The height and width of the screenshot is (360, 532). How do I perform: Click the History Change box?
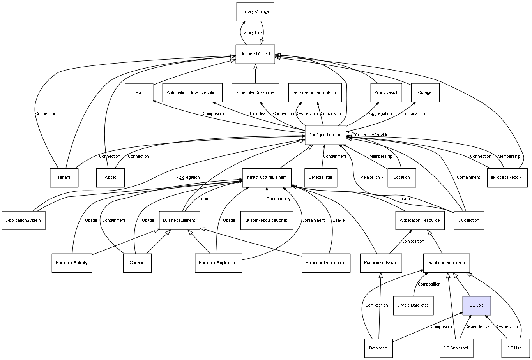(x=255, y=12)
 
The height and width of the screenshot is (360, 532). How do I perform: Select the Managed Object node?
(x=255, y=54)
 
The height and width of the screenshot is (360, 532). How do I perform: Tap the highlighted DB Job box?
(x=477, y=305)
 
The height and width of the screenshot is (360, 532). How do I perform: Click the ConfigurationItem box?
(x=325, y=135)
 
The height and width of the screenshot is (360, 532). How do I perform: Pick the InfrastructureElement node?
(x=267, y=178)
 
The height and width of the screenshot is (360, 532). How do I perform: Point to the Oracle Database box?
(x=413, y=305)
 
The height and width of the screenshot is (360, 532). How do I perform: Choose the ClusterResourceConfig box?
(x=267, y=221)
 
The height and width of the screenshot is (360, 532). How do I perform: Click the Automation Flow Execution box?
(x=193, y=93)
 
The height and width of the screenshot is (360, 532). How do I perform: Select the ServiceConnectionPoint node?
(x=315, y=93)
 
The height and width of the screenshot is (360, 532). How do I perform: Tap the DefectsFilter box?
(x=321, y=178)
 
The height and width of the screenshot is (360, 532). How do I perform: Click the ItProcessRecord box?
(x=507, y=178)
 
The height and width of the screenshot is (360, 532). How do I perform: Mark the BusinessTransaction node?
(x=326, y=263)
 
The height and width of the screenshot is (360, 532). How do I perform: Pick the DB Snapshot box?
(x=456, y=348)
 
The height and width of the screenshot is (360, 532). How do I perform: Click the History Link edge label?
(x=251, y=33)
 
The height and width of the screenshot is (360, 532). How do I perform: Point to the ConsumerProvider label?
(x=373, y=135)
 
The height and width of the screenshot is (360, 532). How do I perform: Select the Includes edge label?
(x=258, y=113)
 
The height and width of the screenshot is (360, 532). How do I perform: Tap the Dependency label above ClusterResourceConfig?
(x=278, y=199)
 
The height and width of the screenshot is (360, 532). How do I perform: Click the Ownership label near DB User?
(x=507, y=327)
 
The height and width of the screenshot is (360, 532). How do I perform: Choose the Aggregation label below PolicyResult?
(x=380, y=113)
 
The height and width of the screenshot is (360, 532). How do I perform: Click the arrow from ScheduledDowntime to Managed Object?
(x=255, y=73)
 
